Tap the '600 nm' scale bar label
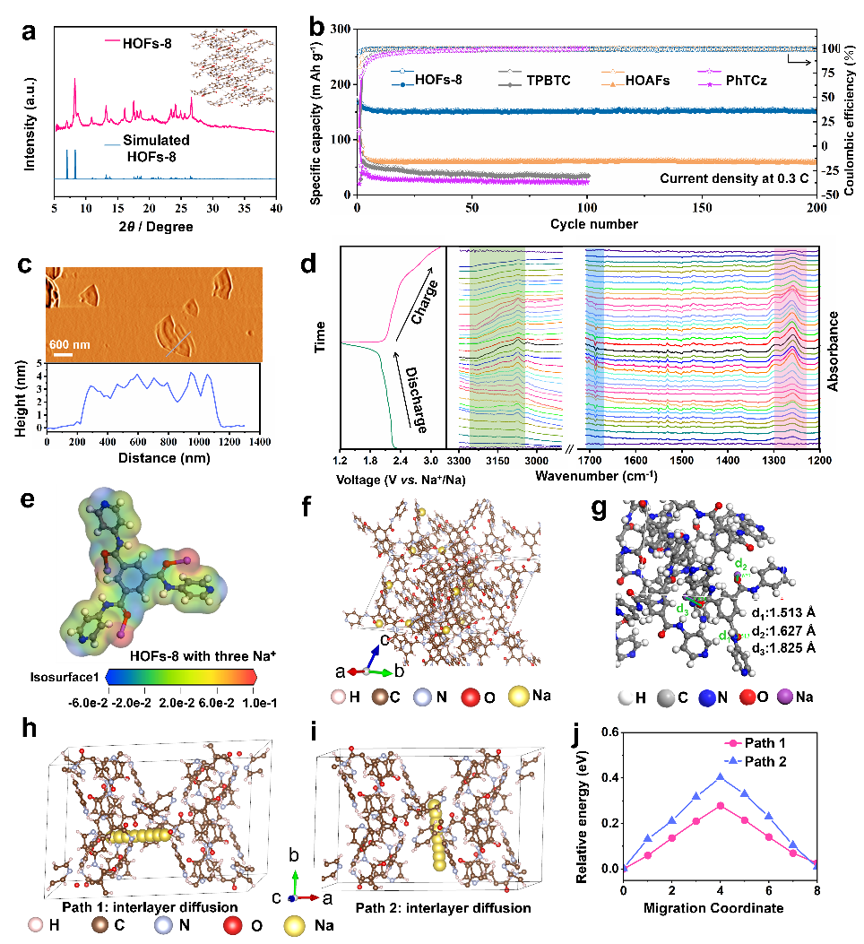point(70,342)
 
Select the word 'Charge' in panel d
point(414,302)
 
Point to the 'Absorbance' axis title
point(839,351)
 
